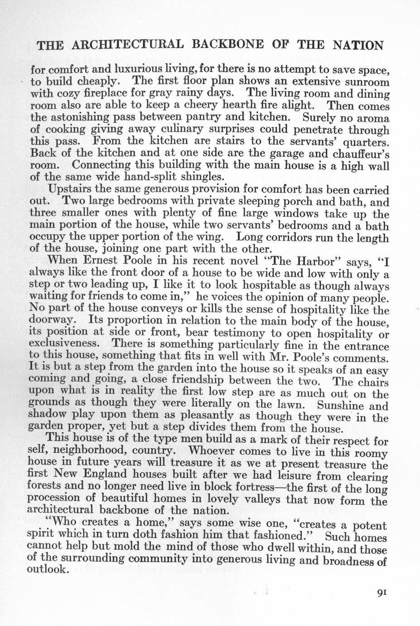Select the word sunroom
pos(368,83)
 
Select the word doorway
pos(52,321)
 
